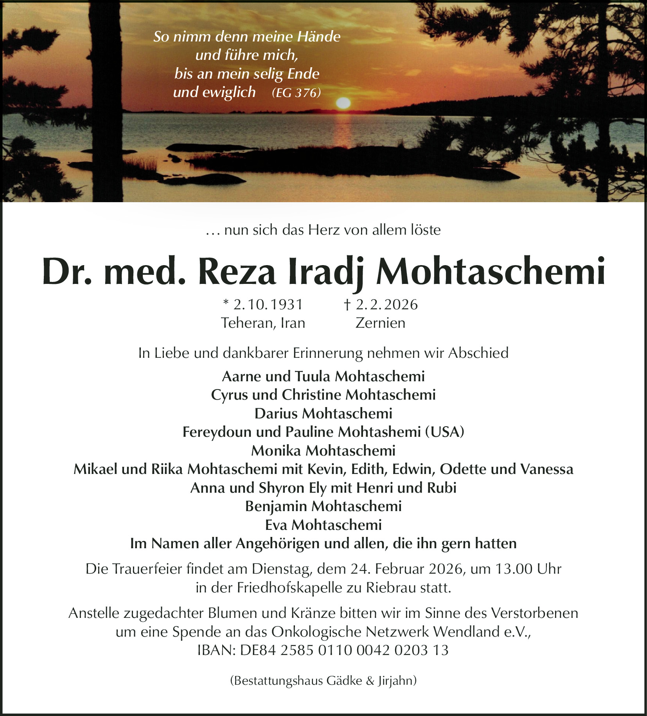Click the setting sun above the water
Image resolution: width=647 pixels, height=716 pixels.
click(x=343, y=103)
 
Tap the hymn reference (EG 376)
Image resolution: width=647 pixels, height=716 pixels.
click(x=296, y=93)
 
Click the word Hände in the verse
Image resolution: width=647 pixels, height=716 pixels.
click(x=319, y=36)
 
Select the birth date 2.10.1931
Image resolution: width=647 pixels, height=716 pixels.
click(x=268, y=304)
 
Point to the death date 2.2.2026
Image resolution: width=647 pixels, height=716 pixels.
click(x=386, y=304)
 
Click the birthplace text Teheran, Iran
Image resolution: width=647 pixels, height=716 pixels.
click(x=263, y=323)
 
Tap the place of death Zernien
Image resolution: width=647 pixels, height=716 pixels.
click(x=380, y=323)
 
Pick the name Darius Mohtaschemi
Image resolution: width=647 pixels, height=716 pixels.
click(x=323, y=413)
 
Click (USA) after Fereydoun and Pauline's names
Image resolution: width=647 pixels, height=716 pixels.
click(x=445, y=432)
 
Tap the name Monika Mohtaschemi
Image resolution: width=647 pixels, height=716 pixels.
click(x=323, y=450)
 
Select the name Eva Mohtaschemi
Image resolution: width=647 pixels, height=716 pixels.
click(x=323, y=525)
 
